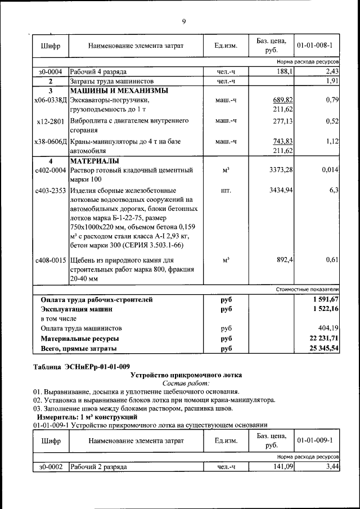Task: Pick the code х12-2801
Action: coord(50,121)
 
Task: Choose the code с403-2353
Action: coord(51,191)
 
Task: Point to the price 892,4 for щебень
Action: coord(283,260)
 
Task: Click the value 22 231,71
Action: coord(319,339)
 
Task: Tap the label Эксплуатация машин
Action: coord(76,309)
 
